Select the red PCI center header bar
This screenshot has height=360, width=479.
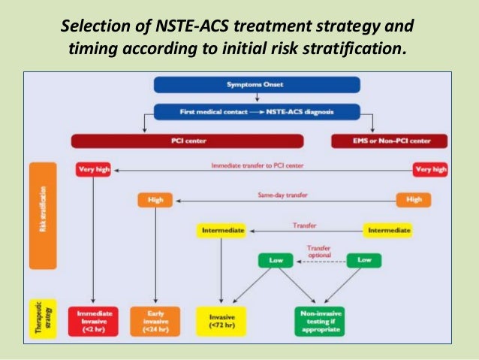pyautogui.click(x=187, y=140)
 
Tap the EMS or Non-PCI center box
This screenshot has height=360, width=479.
pyautogui.click(x=388, y=140)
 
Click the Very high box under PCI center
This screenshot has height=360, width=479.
pyautogui.click(x=93, y=170)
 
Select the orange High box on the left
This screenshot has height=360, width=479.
pyautogui.click(x=155, y=201)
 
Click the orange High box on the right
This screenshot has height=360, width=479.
pyautogui.click(x=414, y=201)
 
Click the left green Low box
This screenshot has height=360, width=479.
pyautogui.click(x=275, y=261)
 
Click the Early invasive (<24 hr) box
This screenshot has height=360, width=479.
pyautogui.click(x=155, y=320)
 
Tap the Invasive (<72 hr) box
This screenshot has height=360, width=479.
pyautogui.click(x=221, y=320)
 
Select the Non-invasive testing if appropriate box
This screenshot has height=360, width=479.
pyautogui.click(x=318, y=320)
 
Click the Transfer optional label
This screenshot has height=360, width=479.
pyautogui.click(x=318, y=251)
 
